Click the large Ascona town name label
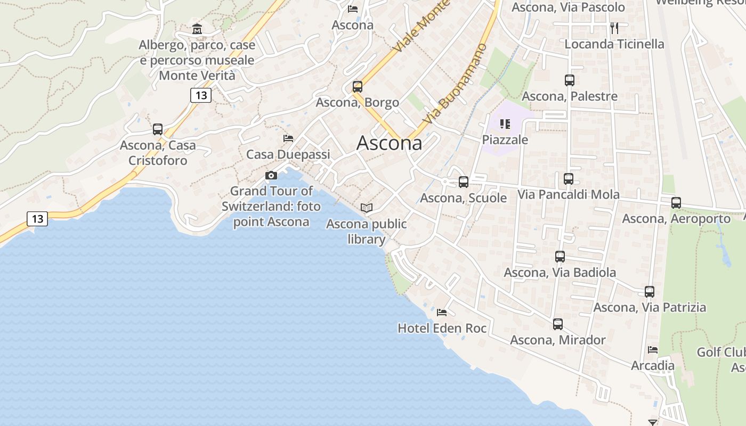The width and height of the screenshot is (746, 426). click(x=389, y=143)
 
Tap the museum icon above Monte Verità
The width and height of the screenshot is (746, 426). click(x=197, y=28)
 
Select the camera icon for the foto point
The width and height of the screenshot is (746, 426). click(x=271, y=175)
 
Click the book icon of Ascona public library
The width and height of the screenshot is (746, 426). click(x=366, y=208)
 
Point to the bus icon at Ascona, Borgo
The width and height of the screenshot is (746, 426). click(x=358, y=86)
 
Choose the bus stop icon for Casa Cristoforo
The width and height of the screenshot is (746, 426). click(x=158, y=129)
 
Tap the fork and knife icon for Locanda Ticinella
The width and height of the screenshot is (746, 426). click(x=614, y=28)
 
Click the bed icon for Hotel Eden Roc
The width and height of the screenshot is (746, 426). click(x=442, y=312)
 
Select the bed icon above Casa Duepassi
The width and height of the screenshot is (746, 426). click(x=288, y=138)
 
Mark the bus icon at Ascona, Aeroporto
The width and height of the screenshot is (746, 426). click(x=676, y=202)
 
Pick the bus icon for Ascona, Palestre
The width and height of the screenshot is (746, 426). click(x=570, y=80)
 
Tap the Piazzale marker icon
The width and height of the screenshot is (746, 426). click(x=505, y=124)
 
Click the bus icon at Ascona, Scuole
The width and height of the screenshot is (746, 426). click(x=464, y=182)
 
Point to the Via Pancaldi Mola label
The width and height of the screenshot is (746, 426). click(x=569, y=194)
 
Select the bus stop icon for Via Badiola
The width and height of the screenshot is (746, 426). click(x=560, y=257)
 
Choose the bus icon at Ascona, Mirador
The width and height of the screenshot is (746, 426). click(x=558, y=324)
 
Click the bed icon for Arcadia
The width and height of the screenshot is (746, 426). click(x=653, y=350)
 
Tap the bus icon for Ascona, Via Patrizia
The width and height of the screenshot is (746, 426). click(x=650, y=291)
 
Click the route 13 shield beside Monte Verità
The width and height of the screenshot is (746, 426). click(x=200, y=95)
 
